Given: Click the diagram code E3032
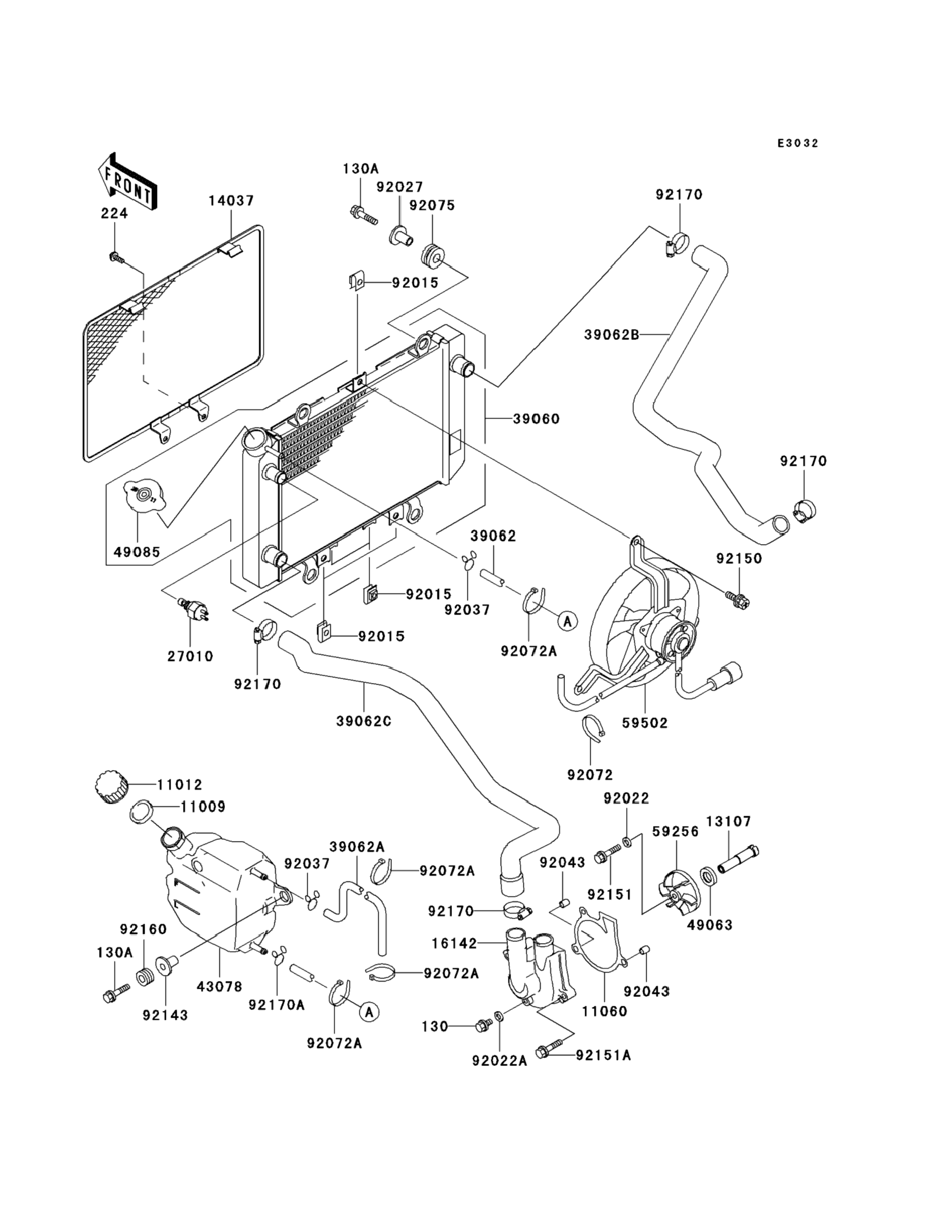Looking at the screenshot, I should (x=798, y=144).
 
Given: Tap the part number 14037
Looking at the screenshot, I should (x=231, y=201).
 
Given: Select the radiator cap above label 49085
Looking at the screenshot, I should (x=144, y=494).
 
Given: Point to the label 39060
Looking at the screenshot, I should (x=536, y=418).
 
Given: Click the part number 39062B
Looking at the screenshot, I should (x=611, y=335).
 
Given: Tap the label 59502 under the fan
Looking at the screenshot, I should (x=644, y=723).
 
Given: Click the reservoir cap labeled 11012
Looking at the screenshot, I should (x=112, y=787).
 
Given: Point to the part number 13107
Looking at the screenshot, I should (x=729, y=821).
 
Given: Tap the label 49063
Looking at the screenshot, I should (x=710, y=924).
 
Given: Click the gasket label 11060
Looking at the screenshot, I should (x=604, y=1011).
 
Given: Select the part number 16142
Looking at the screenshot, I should (x=454, y=944).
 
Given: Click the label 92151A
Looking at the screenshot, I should (x=603, y=1055).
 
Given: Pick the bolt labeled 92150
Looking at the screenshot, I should (x=739, y=599).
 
